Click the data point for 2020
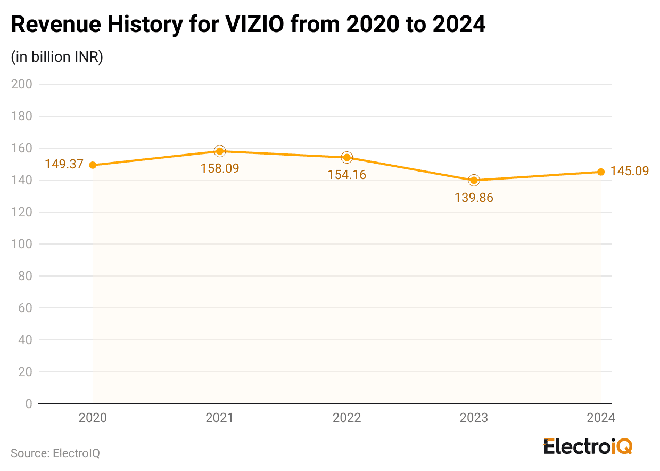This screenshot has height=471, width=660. [x=93, y=165]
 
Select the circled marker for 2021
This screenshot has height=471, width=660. [x=220, y=151]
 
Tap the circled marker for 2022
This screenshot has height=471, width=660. [x=347, y=157]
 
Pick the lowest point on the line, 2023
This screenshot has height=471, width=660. [x=474, y=180]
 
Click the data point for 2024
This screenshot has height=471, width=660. [x=601, y=172]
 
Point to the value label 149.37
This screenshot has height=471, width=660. [x=64, y=164]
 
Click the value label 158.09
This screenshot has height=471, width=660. [x=220, y=168]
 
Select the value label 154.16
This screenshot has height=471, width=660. [x=347, y=174]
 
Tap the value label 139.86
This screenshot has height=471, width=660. [x=474, y=198]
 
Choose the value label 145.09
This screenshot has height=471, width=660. [x=630, y=171]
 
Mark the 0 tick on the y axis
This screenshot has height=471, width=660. [x=28, y=404]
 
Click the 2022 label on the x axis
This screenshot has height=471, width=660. [x=347, y=418]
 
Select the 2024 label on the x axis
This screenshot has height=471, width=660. [x=601, y=418]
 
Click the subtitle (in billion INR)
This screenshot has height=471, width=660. [x=57, y=57]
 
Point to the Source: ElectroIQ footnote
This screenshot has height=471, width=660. [x=55, y=453]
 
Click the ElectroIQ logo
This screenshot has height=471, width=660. [x=588, y=446]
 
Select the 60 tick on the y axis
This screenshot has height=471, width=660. [x=25, y=308]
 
